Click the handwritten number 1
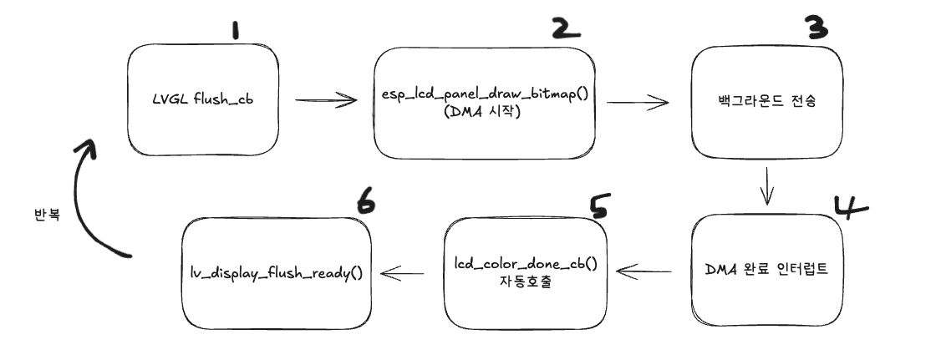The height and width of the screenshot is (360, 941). click(237, 32)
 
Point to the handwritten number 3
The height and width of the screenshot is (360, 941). click(815, 29)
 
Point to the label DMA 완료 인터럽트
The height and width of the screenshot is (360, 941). click(766, 271)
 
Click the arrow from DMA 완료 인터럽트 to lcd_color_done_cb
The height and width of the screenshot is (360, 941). click(644, 271)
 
